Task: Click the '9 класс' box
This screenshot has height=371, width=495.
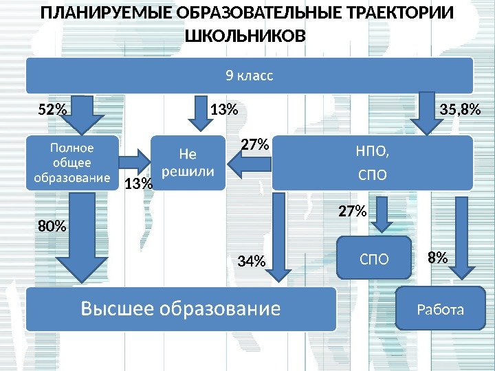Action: click(249, 75)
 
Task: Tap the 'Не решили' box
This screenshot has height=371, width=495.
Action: click(187, 162)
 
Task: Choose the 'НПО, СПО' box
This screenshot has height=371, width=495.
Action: click(373, 163)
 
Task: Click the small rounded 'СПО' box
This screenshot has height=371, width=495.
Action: click(374, 258)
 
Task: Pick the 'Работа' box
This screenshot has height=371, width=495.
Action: click(441, 309)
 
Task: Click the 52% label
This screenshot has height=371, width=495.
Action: click(52, 109)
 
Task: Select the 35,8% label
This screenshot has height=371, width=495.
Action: click(459, 109)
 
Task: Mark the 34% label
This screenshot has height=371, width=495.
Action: click(251, 261)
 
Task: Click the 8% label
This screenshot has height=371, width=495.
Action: click(437, 258)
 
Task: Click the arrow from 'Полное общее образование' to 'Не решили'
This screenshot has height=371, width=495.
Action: click(133, 162)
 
